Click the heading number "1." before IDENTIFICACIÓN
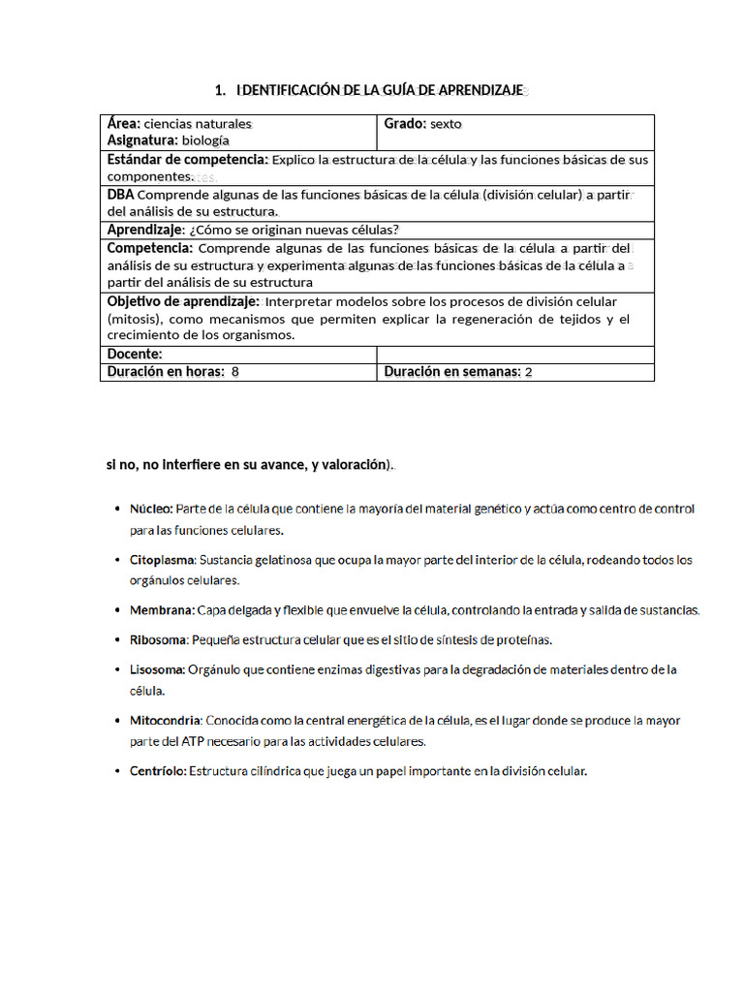[x=220, y=90]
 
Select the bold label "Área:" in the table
[x=124, y=124]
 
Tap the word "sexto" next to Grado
[x=447, y=124]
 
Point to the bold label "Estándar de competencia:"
[x=187, y=159]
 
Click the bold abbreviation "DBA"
[x=121, y=195]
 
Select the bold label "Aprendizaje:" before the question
[x=145, y=230]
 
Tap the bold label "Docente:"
[x=135, y=355]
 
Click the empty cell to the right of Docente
[x=514, y=355]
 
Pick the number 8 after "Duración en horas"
[x=235, y=372]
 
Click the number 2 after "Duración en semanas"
[x=528, y=372]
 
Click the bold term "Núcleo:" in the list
[x=151, y=509]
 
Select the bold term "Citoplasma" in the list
[x=163, y=560]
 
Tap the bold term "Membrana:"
[x=162, y=610]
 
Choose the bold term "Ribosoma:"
[x=160, y=640]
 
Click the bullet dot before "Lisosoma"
[x=116, y=670]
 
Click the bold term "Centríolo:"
[x=159, y=772]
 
